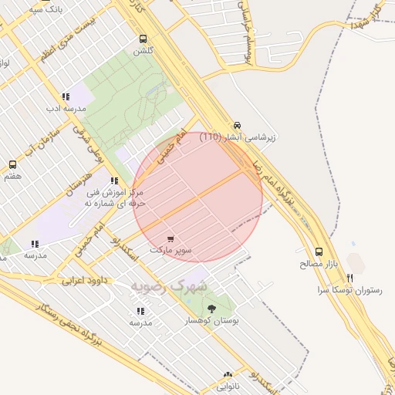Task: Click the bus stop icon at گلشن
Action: tap(143, 39)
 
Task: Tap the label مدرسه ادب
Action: tap(65, 109)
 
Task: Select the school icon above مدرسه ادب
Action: tap(66, 97)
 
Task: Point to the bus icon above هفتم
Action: tap(12, 164)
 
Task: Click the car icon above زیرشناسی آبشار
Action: tap(237, 126)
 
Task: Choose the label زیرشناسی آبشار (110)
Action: tap(238, 137)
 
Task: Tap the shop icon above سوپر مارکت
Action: tap(170, 239)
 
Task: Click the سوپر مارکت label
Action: tap(171, 251)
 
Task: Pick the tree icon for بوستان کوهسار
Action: tap(212, 308)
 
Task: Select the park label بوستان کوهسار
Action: tap(212, 319)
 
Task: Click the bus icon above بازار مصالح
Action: tap(319, 252)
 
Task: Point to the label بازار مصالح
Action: tap(319, 263)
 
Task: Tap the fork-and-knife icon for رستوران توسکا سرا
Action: tap(350, 278)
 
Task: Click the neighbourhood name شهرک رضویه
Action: tap(170, 286)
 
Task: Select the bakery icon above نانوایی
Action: tap(228, 374)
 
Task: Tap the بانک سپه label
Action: tap(44, 10)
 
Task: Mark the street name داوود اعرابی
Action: tap(83, 279)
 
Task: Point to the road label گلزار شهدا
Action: tap(366, 15)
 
